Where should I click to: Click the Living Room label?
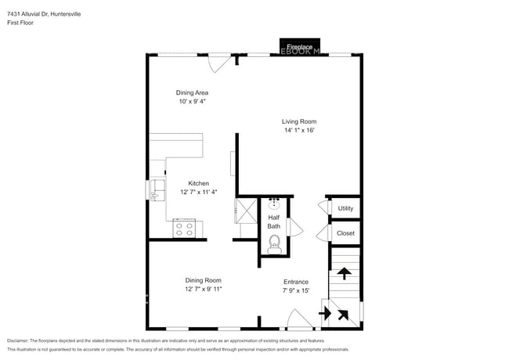[x=299, y=121]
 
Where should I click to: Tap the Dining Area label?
[x=192, y=92]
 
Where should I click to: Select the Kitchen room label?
[x=198, y=183]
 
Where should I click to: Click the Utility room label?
[x=345, y=208]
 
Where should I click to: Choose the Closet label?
[x=345, y=233]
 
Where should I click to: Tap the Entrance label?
[x=296, y=282]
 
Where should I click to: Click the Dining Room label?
[x=203, y=280]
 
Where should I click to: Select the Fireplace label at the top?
[x=300, y=47]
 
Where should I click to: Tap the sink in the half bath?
[x=274, y=204]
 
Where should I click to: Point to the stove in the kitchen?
[x=185, y=229]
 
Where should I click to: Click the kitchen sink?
[x=157, y=189]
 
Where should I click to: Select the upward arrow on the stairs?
[x=343, y=274]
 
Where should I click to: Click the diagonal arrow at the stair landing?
[x=343, y=315]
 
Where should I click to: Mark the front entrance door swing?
[x=299, y=319]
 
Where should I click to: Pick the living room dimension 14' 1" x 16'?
[x=299, y=131]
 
